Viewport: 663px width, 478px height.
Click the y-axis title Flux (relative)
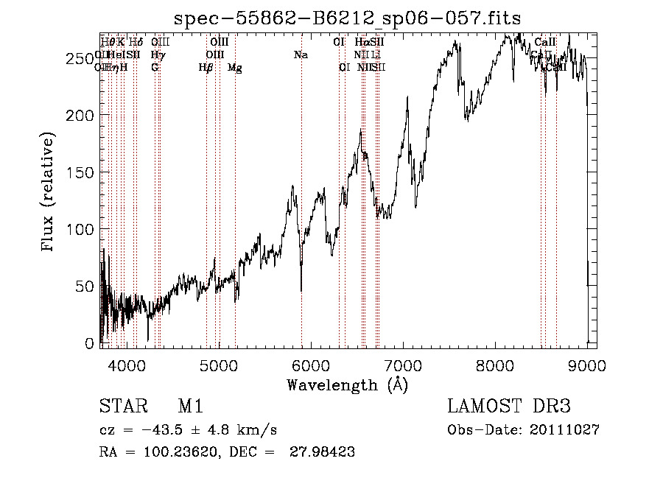click(x=49, y=193)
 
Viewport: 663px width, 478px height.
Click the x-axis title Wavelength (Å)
click(x=347, y=385)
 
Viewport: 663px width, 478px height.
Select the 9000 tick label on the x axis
click(x=587, y=365)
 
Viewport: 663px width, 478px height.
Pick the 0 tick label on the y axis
click(x=91, y=343)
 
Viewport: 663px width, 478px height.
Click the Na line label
click(x=301, y=55)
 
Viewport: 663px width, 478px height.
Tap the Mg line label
click(x=234, y=68)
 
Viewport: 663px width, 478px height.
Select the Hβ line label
click(x=206, y=68)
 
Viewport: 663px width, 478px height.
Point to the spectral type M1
click(x=190, y=407)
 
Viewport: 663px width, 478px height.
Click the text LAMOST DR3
click(x=509, y=407)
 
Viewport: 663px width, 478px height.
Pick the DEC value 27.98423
click(x=324, y=452)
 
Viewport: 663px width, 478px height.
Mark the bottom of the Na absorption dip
click(x=301, y=291)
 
